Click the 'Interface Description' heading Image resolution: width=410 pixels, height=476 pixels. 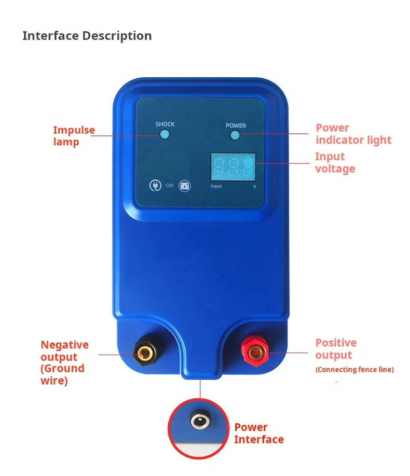[87, 36]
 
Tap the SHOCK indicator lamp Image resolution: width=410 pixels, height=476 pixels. [165, 134]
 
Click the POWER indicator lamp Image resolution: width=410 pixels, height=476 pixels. [235, 135]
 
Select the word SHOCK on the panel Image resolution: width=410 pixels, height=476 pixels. [165, 124]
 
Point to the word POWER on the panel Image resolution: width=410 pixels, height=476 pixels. [236, 125]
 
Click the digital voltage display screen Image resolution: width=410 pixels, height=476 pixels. [233, 166]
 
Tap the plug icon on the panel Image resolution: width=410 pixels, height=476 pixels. [155, 185]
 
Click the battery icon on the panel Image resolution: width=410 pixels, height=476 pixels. [184, 186]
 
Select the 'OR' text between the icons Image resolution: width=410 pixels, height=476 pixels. [170, 186]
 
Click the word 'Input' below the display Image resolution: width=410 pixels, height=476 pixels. [216, 186]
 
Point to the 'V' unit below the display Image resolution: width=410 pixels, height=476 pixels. [254, 186]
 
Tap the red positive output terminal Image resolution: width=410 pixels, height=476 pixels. [254, 353]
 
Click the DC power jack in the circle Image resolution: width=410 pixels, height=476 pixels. [198, 421]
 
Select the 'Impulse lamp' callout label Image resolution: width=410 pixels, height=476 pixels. [74, 136]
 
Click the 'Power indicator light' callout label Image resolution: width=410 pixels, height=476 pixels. [353, 134]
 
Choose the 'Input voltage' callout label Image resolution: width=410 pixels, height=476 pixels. [335, 162]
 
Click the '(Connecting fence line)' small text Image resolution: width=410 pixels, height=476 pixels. [354, 370]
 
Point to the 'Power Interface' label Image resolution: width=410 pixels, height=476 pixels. [258, 433]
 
